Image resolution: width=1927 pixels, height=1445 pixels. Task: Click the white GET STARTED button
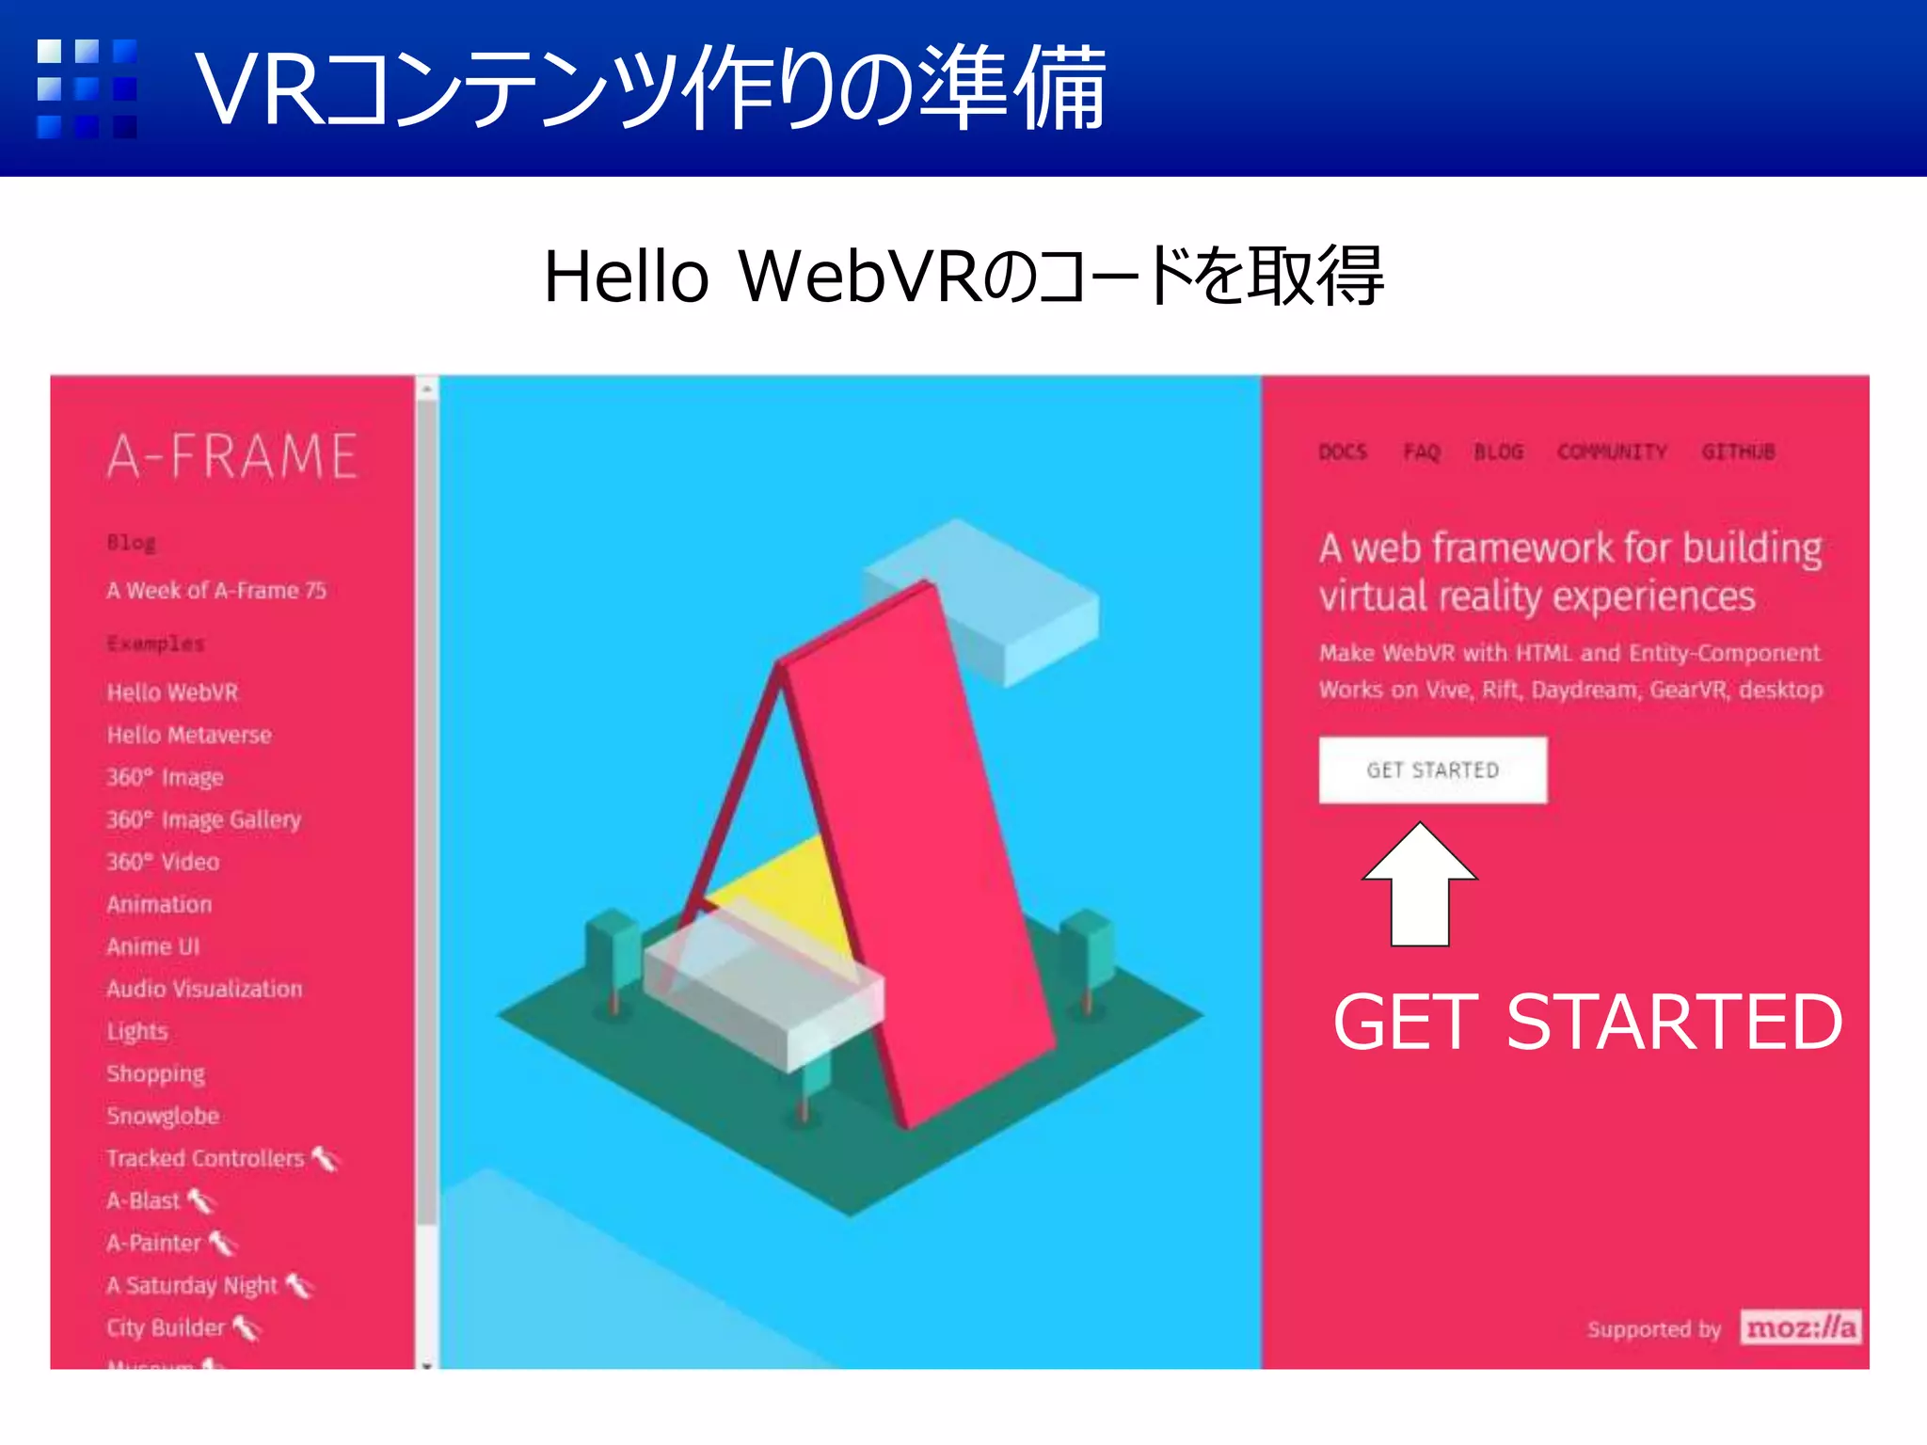(1432, 770)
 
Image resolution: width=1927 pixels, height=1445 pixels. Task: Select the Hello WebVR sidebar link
(173, 692)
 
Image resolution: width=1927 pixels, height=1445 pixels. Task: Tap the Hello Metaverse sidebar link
(189, 735)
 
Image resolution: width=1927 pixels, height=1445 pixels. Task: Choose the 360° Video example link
(163, 862)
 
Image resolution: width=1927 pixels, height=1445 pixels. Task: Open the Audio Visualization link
(204, 989)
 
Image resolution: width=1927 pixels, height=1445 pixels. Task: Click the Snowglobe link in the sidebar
(163, 1116)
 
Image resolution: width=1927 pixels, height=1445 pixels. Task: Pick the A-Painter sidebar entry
(154, 1243)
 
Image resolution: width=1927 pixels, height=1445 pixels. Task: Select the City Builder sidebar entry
(166, 1327)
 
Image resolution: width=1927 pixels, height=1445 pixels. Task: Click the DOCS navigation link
(1343, 453)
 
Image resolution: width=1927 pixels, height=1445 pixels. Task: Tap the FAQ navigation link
(1422, 453)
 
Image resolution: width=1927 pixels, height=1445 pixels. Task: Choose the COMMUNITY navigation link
(1612, 453)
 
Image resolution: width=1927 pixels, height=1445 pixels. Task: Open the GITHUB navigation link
(1738, 453)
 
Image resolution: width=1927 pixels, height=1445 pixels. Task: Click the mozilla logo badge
(1800, 1327)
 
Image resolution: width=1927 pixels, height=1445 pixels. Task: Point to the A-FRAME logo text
(232, 457)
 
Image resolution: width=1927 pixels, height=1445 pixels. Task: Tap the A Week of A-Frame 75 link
(216, 591)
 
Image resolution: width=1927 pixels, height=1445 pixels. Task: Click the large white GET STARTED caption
(1587, 1022)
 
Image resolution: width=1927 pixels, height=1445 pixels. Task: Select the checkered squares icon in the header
(87, 88)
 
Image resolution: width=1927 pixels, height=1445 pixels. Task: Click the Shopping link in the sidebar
(155, 1073)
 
